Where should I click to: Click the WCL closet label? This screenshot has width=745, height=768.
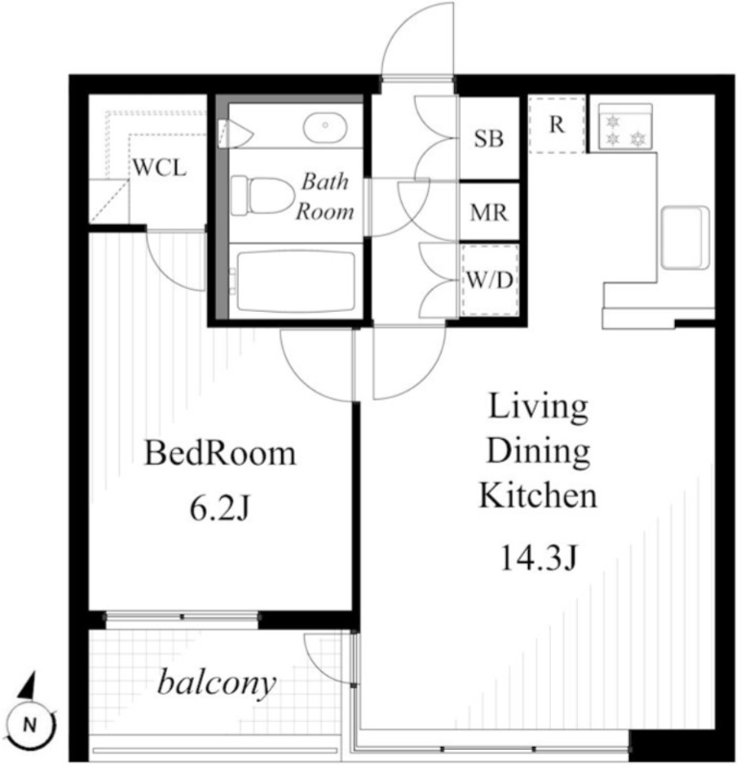coord(159,168)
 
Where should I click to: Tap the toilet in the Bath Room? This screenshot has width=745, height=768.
coord(261,196)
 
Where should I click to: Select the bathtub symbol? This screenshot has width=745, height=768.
coord(296,281)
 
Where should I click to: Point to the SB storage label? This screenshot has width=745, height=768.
coord(489,138)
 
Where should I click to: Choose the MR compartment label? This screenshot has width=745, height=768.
coord(489,212)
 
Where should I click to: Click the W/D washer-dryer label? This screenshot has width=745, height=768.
coord(490,280)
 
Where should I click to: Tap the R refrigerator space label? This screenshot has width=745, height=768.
coord(557,125)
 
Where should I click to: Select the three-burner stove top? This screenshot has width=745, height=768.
coord(625,127)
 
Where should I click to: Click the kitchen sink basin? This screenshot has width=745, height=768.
coord(685,238)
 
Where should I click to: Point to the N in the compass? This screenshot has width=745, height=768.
coord(31,724)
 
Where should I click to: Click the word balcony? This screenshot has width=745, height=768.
coord(217,684)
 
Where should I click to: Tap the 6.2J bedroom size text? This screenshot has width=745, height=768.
coord(220,510)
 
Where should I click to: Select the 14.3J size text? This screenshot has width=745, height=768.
coord(539,559)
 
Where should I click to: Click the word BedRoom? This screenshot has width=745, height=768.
coord(220,453)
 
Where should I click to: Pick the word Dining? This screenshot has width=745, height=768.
coord(539,450)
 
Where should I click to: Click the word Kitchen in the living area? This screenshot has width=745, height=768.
coord(538,494)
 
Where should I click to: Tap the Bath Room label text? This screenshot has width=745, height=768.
coord(324,197)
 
